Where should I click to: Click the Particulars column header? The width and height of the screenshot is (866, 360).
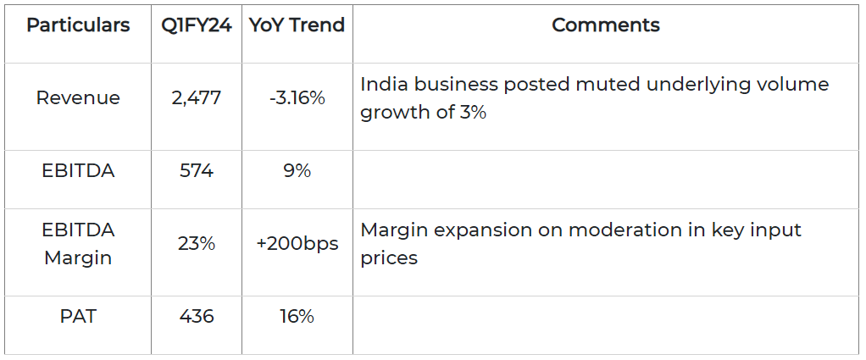78,25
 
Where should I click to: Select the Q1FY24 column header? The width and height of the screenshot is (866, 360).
197,25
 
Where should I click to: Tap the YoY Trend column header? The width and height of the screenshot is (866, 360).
297,25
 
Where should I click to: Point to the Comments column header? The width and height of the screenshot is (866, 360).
605,25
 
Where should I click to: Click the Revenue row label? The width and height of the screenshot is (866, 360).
78,98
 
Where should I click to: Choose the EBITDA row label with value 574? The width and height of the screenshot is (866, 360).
78,171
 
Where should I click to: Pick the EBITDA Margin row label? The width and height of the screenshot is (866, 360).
78,244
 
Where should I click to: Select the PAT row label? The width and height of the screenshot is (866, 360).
78,317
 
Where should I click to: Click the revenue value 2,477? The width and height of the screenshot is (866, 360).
196,98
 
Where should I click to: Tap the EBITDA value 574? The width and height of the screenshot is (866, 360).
197,171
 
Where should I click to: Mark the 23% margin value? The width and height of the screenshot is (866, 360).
197,244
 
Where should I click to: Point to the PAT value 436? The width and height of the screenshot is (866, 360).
197,317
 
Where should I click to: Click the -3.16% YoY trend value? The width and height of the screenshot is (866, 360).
297,98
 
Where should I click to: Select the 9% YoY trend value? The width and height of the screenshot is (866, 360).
297,171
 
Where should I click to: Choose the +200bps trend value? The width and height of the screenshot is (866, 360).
297,244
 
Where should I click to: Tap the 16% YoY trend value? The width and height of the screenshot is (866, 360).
297,317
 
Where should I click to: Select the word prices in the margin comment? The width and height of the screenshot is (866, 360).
389,258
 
